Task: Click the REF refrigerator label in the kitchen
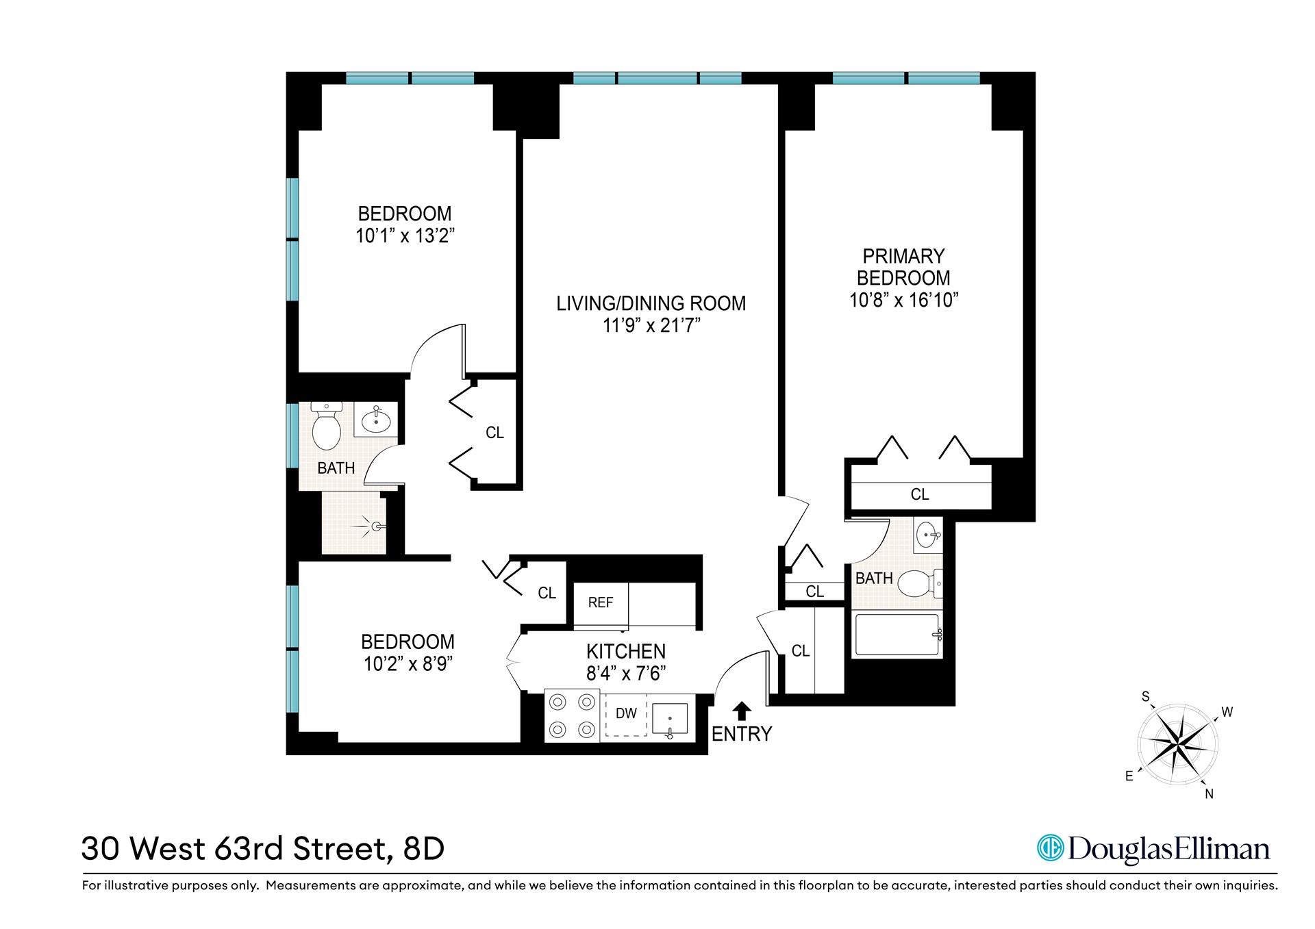point(600,602)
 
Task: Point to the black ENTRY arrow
point(742,711)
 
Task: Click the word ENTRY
point(742,734)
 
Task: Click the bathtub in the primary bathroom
point(897,636)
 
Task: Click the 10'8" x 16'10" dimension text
point(903,301)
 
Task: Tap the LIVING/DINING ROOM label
point(651,303)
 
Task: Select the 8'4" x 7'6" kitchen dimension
point(626,674)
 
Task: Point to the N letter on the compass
point(1209,794)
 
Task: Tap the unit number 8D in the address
point(424,849)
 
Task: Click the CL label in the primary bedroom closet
point(919,494)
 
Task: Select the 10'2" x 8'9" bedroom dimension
point(408,664)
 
